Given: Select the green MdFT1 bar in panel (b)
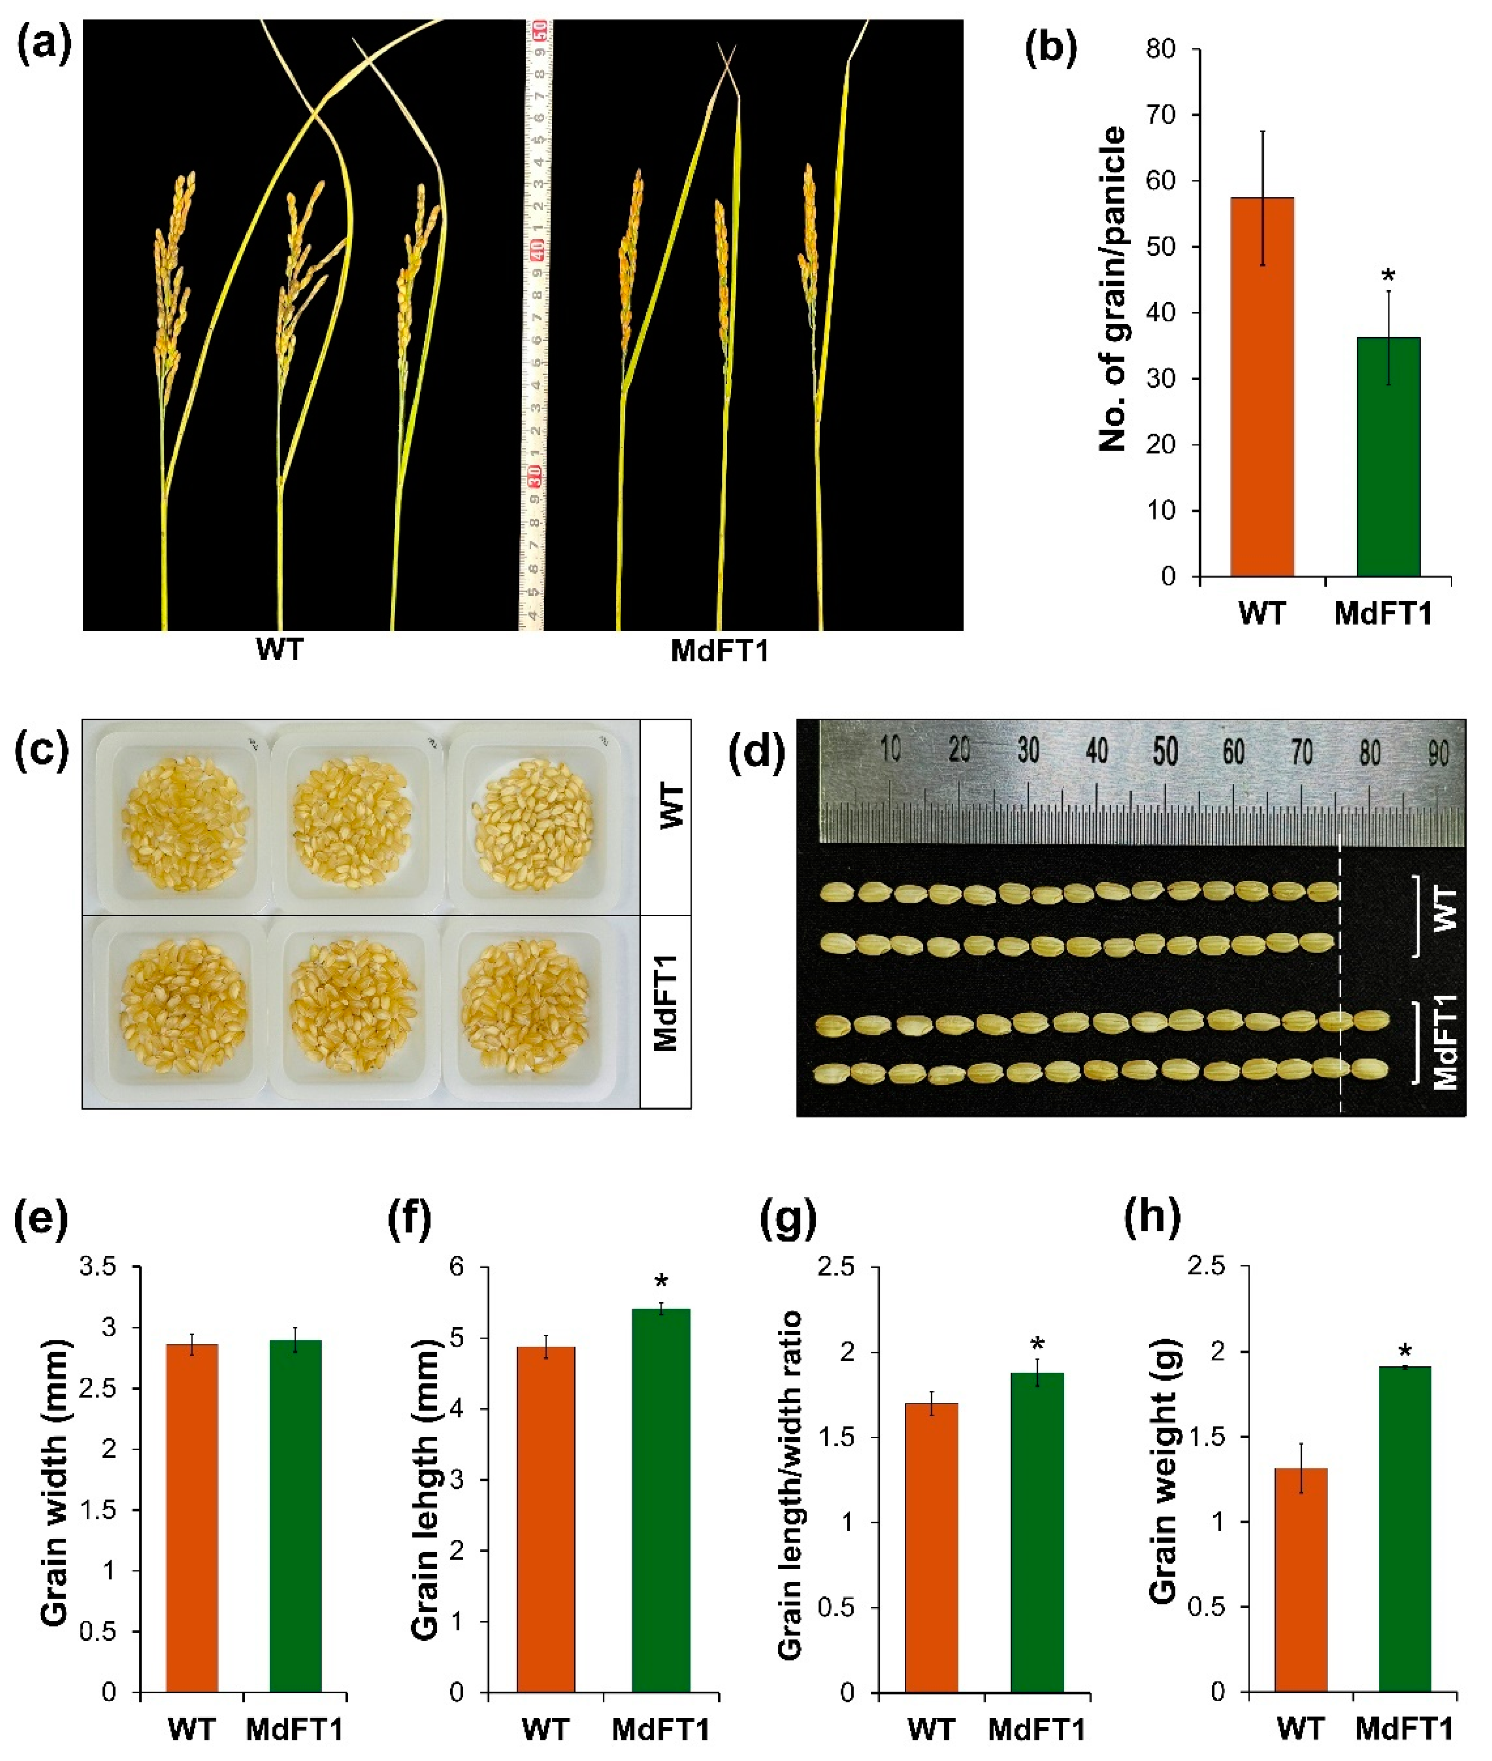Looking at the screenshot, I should (1388, 457).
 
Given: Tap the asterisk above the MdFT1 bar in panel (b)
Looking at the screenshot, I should (1388, 276).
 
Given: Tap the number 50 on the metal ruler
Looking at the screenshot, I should (1165, 750).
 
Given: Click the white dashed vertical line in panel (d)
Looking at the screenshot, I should (1341, 973).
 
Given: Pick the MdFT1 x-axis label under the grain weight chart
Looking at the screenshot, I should (1404, 1729).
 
